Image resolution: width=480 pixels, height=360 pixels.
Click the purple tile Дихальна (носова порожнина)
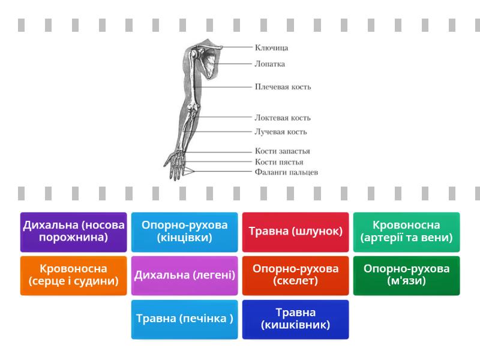point(74,232)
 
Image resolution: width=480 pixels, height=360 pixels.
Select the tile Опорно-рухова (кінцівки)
point(185,232)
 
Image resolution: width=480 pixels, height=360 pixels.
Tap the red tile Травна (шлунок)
point(295,232)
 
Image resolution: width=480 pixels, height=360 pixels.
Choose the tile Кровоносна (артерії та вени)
point(406,232)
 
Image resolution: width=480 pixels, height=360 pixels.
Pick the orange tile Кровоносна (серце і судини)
point(74,275)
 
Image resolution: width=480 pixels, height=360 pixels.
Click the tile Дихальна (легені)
point(185,275)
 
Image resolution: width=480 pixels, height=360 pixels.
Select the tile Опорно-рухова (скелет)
point(295,275)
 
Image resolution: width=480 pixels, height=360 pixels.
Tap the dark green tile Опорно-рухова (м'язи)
point(406,275)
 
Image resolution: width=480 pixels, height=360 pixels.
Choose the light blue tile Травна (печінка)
point(185,319)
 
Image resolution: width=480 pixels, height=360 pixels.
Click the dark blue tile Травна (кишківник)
point(295,319)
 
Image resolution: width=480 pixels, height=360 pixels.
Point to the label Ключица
point(271,47)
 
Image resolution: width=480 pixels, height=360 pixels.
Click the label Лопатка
point(269,64)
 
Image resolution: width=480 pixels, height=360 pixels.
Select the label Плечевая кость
point(283,86)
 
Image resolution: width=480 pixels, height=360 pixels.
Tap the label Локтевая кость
point(283,118)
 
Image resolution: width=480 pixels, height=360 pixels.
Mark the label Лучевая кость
point(281,132)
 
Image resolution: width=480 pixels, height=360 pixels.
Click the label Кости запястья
point(283,152)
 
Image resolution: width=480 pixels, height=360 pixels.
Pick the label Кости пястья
point(279,162)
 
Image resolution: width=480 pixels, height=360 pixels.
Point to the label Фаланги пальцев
point(286,172)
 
